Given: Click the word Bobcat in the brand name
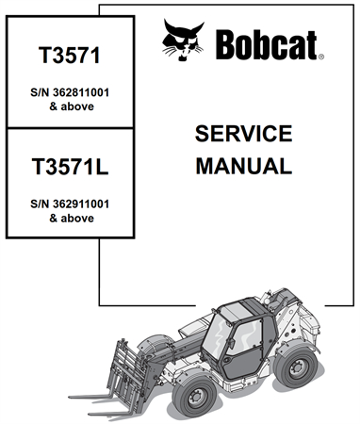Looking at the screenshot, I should (x=270, y=44).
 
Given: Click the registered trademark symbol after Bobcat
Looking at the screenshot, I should (x=320, y=57).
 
